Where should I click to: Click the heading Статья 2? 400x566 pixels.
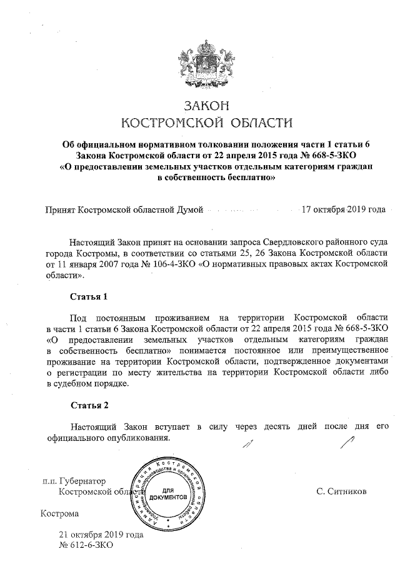[x=89, y=405]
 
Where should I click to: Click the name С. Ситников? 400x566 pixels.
[x=341, y=492]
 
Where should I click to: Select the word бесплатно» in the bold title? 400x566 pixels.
[x=250, y=177]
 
